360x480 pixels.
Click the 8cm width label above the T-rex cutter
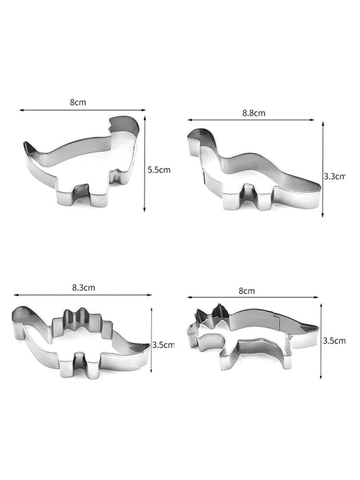click(78, 102)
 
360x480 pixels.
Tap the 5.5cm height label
click(159, 170)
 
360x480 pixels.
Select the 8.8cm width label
click(254, 113)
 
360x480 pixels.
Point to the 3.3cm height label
click(334, 176)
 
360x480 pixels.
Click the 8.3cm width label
click(84, 288)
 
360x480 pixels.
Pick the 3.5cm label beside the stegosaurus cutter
click(163, 345)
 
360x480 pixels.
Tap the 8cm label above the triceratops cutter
click(247, 291)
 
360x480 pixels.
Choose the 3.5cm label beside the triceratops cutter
click(334, 341)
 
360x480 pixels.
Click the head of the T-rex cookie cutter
click(124, 125)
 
